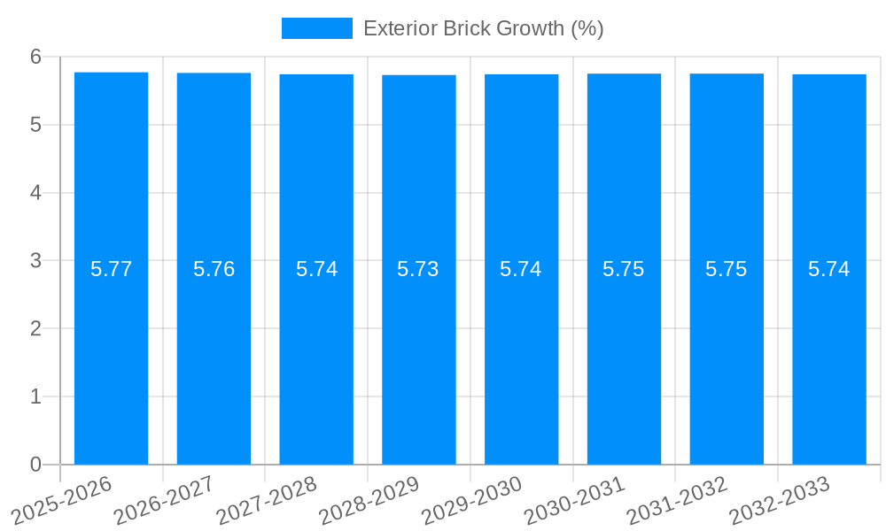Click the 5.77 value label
111,269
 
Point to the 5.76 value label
214,269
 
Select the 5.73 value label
418,269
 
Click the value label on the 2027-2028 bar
316,269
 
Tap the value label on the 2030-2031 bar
624,269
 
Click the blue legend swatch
316,28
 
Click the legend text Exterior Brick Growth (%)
483,28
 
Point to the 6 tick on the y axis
35,57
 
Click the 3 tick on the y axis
35,261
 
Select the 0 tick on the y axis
35,465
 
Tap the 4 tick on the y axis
35,193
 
